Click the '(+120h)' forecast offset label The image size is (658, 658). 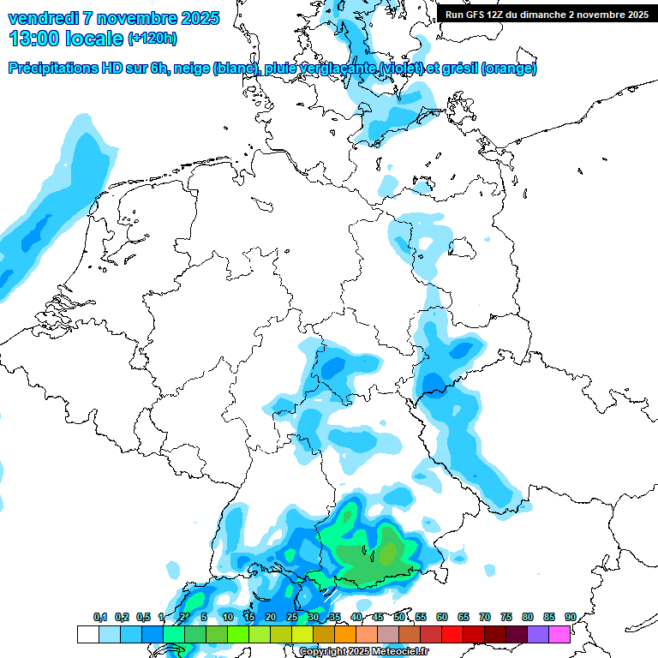153,39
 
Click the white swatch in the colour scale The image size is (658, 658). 87,634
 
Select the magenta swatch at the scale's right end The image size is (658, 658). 559,634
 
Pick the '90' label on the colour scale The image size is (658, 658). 570,617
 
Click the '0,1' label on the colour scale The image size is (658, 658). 100,617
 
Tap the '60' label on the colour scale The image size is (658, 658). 442,617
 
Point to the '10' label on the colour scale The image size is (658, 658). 228,617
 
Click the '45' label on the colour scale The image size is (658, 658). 378,617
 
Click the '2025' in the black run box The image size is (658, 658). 636,15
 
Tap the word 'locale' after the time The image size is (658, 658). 93,38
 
